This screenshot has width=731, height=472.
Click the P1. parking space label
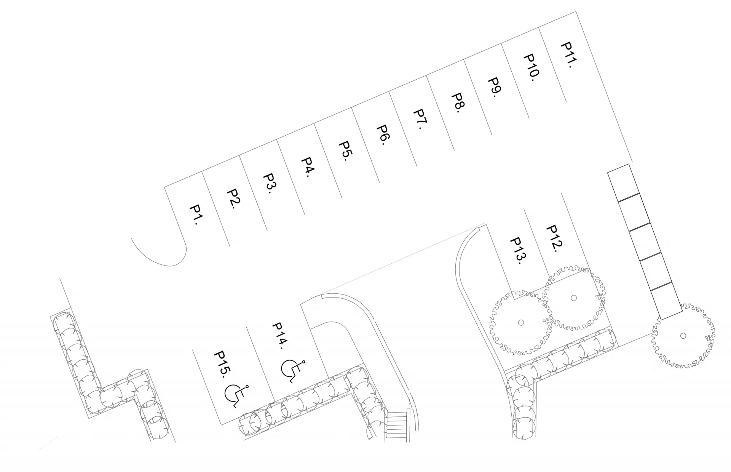196,215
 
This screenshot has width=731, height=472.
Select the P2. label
233,199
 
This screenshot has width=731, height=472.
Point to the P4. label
308,167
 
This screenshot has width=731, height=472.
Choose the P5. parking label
345,151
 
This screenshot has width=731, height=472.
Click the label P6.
383,135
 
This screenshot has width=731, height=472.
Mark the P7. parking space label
420,119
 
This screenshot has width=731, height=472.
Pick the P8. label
458,103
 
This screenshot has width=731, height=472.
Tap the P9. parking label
495,88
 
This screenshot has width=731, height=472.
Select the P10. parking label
531,68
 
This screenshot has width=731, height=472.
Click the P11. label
568,55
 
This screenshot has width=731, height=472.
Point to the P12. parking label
554,238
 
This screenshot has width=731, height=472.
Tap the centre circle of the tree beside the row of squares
683,336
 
